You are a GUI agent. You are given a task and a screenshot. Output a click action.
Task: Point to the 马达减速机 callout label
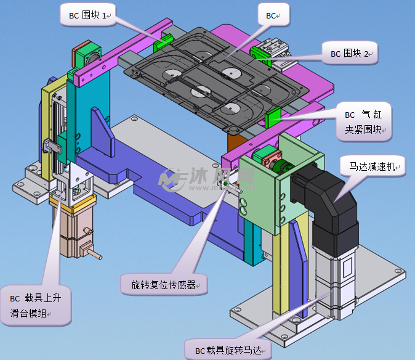[x=374, y=166]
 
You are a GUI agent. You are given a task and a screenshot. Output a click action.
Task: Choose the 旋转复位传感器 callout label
[x=164, y=285]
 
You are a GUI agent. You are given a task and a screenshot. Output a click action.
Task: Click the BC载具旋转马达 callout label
[x=228, y=350]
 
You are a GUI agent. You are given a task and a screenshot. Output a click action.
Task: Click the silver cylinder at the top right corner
[x=275, y=47]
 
